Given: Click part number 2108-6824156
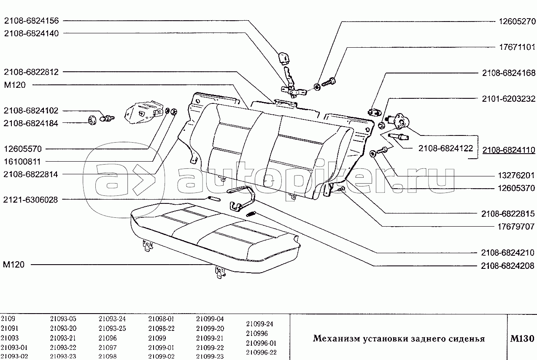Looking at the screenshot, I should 32,20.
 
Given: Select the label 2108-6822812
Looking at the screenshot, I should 32,72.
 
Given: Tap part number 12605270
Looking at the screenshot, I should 514,20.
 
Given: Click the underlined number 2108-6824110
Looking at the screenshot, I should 508,150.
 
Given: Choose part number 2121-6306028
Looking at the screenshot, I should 32,199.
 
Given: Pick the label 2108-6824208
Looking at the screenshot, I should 507,266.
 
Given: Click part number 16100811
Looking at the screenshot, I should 25,161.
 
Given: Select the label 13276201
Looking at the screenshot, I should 514,175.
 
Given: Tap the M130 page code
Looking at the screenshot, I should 522,338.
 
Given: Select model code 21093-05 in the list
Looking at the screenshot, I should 63,319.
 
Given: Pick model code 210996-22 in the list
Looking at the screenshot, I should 261,352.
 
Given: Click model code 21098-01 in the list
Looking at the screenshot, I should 161,319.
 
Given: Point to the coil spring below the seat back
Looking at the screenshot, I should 251,214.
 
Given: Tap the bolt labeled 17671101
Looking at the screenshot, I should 328,82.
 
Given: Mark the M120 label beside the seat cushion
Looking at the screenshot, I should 13,265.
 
